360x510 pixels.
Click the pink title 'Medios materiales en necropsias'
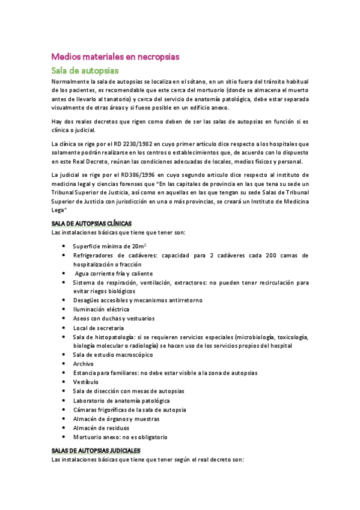click(115, 57)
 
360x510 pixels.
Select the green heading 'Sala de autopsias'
click(85, 71)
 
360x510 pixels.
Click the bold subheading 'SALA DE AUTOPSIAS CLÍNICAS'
click(91, 224)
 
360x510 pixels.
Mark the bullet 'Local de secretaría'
click(98, 328)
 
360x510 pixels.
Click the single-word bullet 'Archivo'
click(83, 364)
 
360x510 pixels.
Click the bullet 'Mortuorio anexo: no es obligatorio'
click(120, 437)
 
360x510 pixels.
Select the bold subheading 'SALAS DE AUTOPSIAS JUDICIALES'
click(96, 450)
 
